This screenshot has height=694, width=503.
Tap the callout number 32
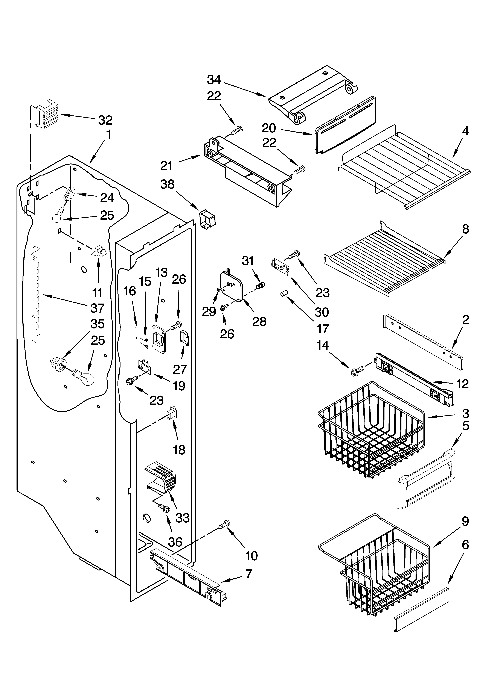point(105,120)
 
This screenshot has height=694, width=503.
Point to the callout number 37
point(97,308)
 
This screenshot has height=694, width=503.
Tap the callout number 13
point(162,272)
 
